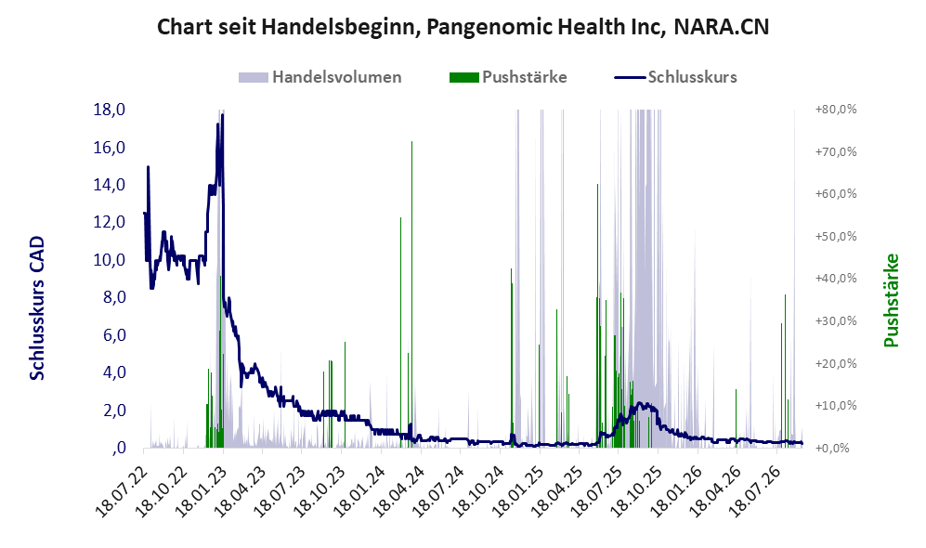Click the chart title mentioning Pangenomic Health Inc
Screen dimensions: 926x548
click(463, 27)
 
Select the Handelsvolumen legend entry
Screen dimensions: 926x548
click(320, 77)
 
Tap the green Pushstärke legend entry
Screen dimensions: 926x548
click(508, 77)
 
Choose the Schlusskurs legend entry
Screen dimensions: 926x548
click(675, 77)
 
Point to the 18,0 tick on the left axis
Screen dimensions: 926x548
click(110, 110)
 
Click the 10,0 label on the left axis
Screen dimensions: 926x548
click(110, 260)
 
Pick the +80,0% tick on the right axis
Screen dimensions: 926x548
click(836, 110)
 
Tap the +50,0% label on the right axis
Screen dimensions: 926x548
click(836, 236)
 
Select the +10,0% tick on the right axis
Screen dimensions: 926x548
click(836, 406)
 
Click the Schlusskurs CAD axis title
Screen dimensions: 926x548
click(37, 307)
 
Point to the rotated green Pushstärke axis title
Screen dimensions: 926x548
click(891, 301)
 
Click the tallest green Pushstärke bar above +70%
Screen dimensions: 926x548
click(411, 294)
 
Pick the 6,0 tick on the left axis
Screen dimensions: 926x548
click(114, 334)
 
